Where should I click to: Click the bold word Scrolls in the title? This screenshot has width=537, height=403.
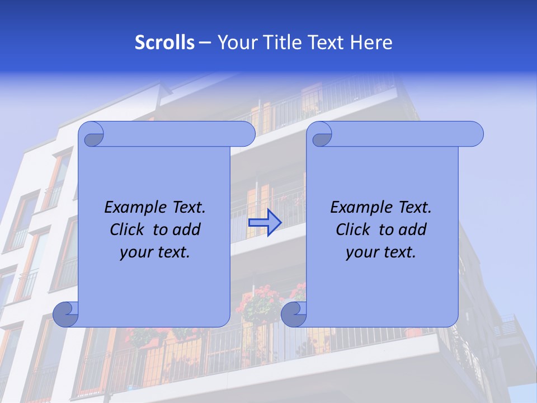164,43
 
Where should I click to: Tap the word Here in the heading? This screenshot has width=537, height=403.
371,43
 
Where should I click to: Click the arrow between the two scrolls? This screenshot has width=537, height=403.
265,223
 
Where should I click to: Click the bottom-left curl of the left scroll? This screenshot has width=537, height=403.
65,314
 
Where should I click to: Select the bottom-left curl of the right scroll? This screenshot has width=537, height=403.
294,314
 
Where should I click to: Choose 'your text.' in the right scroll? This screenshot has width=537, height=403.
381,252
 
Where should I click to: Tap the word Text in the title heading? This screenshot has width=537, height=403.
326,43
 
